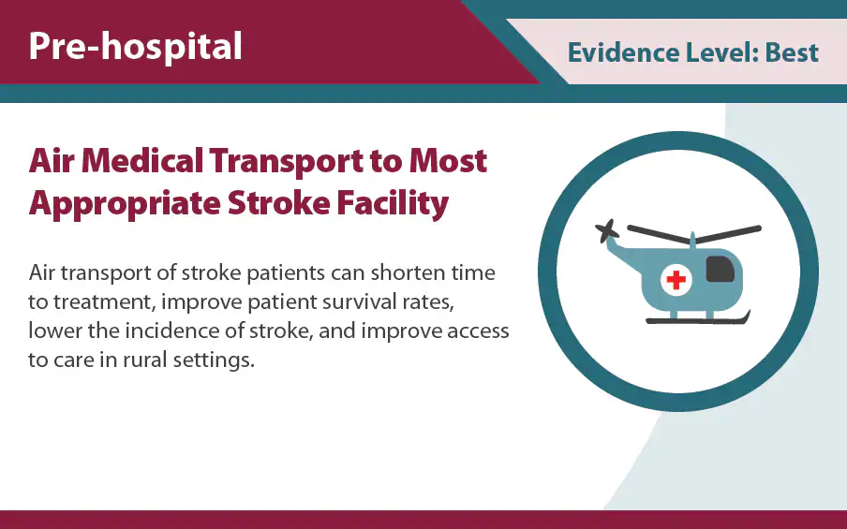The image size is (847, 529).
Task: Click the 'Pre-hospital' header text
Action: pyautogui.click(x=135, y=46)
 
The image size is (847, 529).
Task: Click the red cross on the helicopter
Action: pyautogui.click(x=675, y=279)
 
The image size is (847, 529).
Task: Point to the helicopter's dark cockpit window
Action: pyautogui.click(x=719, y=269)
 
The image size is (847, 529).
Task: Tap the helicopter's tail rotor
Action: pyautogui.click(x=608, y=230)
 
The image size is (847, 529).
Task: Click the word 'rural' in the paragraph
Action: pyautogui.click(x=140, y=360)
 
